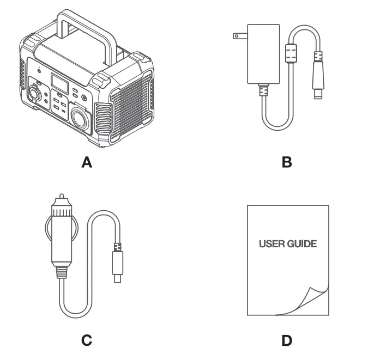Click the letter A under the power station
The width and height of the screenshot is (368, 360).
86,162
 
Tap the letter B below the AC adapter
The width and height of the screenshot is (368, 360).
287,162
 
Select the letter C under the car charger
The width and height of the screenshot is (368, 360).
86,340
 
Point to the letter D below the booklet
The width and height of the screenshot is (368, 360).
287,340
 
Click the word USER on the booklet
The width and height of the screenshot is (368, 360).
271,243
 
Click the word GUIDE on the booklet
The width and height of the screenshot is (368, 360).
301,243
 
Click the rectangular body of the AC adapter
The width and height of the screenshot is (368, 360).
264,54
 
